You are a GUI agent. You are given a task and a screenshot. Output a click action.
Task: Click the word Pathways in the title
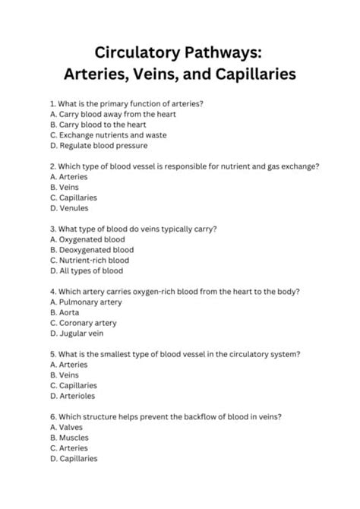[223, 53]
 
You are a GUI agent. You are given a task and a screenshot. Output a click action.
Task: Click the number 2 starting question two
[51, 166]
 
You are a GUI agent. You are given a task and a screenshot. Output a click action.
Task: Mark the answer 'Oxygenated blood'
[90, 239]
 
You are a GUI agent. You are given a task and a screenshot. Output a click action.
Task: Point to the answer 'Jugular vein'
[82, 333]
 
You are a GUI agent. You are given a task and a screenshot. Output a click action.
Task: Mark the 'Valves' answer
[71, 427]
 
